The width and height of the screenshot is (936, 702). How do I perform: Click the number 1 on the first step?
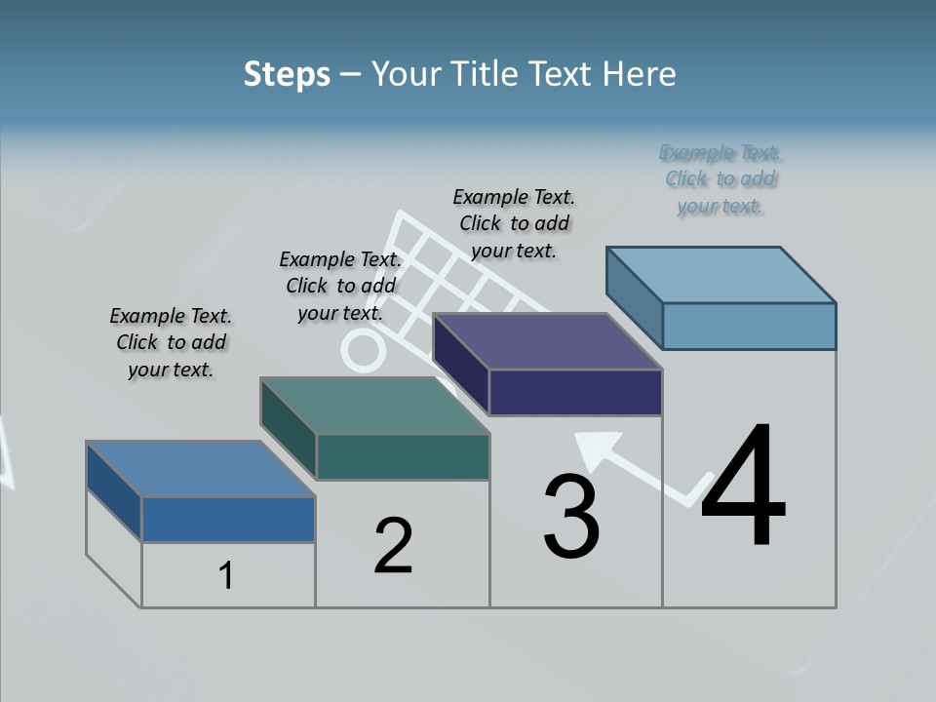[x=226, y=576]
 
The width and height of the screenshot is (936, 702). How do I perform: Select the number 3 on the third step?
[x=570, y=517]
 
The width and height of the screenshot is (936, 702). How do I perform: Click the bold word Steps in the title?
[x=287, y=74]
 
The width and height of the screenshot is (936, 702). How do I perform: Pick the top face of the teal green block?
[x=374, y=406]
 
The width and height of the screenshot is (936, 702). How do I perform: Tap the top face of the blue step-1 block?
[x=201, y=469]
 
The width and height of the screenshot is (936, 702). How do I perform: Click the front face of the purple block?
[x=575, y=393]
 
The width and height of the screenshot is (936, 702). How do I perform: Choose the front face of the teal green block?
[x=403, y=457]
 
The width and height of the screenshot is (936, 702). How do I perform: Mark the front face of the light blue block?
[x=749, y=326]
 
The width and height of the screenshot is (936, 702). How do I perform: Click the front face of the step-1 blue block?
[x=228, y=520]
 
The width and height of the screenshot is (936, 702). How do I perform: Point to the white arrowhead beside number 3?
[x=597, y=448]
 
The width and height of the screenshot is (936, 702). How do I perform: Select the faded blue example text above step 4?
[x=721, y=179]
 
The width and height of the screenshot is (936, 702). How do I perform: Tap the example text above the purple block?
[x=514, y=223]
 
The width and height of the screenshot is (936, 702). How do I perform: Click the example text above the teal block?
[x=340, y=286]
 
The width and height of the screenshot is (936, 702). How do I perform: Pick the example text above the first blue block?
[x=171, y=342]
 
